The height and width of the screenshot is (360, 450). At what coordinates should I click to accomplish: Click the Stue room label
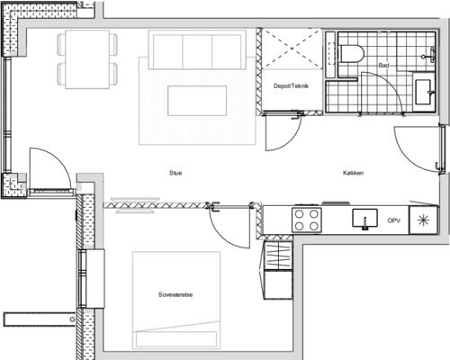coord(175,173)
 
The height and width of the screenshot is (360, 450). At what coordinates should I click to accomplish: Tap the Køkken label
coord(354,173)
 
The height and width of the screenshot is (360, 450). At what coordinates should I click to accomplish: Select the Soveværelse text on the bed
coord(175,294)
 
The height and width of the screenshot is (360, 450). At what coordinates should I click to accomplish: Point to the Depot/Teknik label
coord(291,85)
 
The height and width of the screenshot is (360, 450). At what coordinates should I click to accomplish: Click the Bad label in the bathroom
coord(383,65)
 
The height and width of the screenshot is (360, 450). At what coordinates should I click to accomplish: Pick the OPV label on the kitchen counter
coord(394,220)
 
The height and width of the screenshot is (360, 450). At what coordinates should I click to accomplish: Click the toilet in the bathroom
coord(351,54)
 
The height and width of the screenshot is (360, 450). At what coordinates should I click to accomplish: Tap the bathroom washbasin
coord(424,92)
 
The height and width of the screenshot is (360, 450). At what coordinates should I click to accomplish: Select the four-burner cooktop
coord(307,220)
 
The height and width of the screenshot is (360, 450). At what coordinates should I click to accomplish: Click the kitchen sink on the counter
coord(364,219)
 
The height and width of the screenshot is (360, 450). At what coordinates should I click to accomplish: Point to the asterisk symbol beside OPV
coord(424,220)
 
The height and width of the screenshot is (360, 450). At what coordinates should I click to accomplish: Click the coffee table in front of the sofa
coord(197,101)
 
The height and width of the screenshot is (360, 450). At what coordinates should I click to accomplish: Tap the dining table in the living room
coord(87,59)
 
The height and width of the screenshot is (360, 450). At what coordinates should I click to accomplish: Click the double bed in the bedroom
coord(176,301)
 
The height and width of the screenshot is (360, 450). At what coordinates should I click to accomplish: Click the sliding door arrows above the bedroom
coord(135,205)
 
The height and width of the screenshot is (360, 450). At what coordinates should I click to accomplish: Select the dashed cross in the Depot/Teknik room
coord(292,49)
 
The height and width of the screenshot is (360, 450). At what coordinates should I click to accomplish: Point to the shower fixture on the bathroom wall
coord(429,55)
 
